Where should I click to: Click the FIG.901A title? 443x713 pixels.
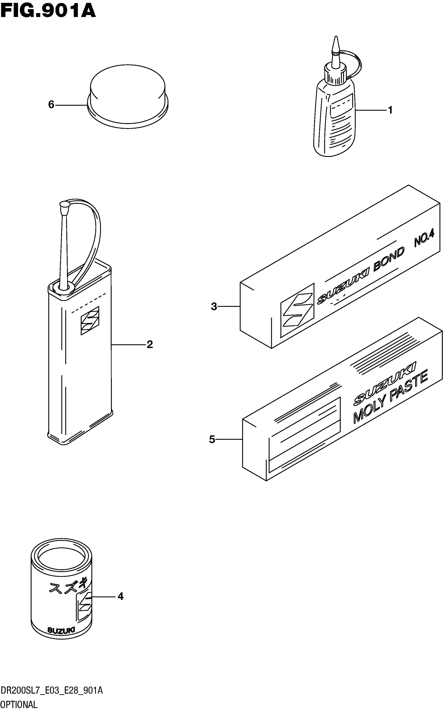pyautogui.click(x=48, y=11)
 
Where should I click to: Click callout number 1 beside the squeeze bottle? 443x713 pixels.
pyautogui.click(x=390, y=110)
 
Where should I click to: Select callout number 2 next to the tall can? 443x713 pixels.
pyautogui.click(x=150, y=344)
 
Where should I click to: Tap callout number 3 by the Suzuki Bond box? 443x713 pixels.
pyautogui.click(x=214, y=307)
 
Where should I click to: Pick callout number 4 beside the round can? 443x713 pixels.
pyautogui.click(x=120, y=597)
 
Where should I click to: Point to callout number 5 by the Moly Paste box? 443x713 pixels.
pyautogui.click(x=212, y=439)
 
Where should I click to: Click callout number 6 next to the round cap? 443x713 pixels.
pyautogui.click(x=51, y=105)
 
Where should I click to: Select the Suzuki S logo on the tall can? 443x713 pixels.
pyautogui.click(x=90, y=321)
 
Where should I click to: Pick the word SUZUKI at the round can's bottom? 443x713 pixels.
pyautogui.click(x=61, y=630)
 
